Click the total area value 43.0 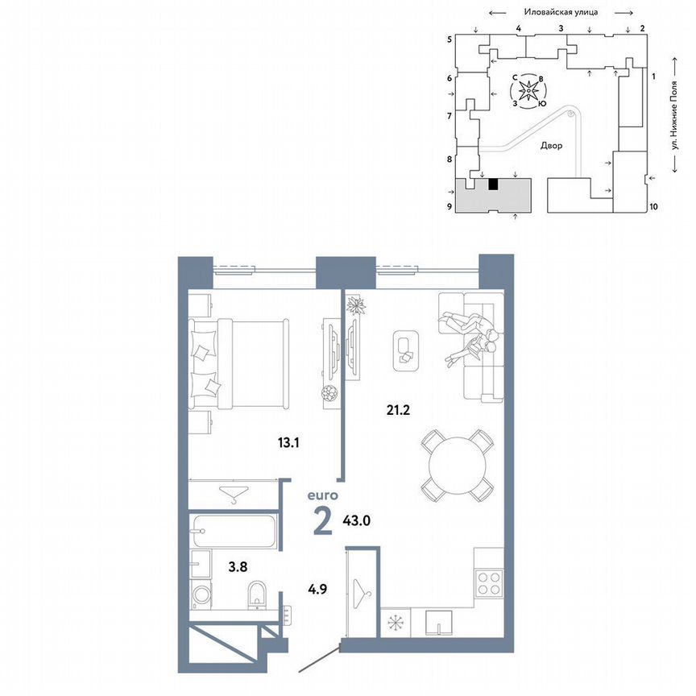tap(357, 520)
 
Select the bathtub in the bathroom tap(234, 531)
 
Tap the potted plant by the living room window tap(356, 305)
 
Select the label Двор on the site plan tap(552, 146)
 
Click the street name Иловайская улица tap(559, 12)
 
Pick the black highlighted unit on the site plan tap(494, 184)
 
